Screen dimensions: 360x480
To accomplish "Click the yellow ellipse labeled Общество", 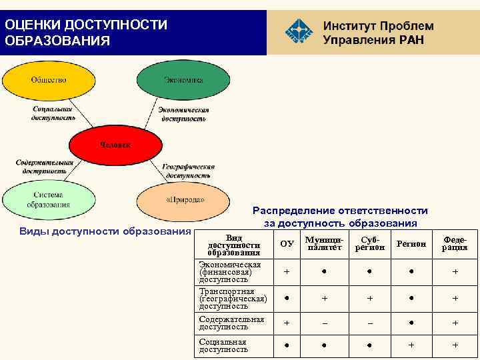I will click(48, 80).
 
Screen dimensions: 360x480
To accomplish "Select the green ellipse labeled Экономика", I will click(183, 80).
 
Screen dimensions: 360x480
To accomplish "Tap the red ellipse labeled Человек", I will click(115, 145).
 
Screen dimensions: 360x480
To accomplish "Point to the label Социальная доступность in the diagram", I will click(53, 113).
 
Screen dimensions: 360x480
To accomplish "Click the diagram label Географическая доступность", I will click(188, 171).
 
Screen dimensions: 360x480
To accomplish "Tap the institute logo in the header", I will click(298, 32).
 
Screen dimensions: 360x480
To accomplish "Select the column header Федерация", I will click(454, 243).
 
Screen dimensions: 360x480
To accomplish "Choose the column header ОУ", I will click(287, 244).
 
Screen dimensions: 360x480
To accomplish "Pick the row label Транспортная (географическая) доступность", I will click(233, 299).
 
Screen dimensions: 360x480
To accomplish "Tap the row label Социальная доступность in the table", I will click(223, 345).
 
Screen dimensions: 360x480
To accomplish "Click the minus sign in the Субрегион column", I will click(369, 323).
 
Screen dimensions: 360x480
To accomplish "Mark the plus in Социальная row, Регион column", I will click(411, 345).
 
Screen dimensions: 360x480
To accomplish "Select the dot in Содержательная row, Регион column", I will click(411, 323).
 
